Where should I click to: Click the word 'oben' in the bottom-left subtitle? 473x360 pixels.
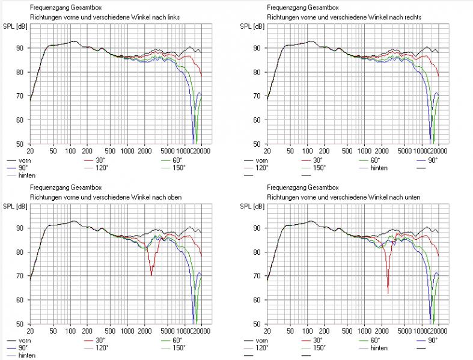click(171, 197)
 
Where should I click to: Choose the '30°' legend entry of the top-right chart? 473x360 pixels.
click(317, 161)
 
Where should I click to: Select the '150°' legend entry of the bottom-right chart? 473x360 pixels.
click(319, 348)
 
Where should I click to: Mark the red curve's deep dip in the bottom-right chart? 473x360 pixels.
click(388, 292)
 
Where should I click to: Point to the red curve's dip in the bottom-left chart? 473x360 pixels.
click(151, 274)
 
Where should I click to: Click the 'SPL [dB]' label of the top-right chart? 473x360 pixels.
click(252, 27)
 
